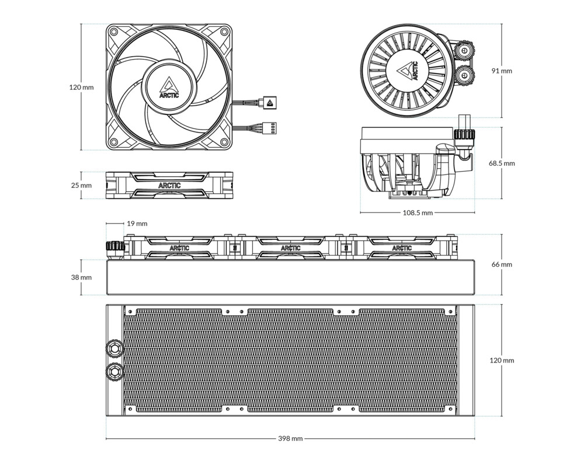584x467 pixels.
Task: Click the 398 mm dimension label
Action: pyautogui.click(x=290, y=438)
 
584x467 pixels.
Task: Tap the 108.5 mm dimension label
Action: pyautogui.click(x=418, y=213)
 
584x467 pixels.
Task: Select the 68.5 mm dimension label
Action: pyautogui.click(x=502, y=163)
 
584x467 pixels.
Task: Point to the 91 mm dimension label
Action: pyautogui.click(x=501, y=71)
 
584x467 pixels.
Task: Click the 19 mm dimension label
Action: pyautogui.click(x=137, y=224)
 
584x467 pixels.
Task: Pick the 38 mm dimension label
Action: pyautogui.click(x=81, y=277)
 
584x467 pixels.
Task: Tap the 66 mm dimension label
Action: pyautogui.click(x=501, y=264)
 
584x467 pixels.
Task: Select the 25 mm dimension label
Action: pyautogui.click(x=81, y=185)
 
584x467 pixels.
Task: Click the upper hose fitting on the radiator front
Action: pyautogui.click(x=114, y=348)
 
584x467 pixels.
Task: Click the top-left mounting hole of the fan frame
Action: pyautogui.click(x=114, y=32)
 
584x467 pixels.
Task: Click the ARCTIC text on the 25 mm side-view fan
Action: pyautogui.click(x=169, y=186)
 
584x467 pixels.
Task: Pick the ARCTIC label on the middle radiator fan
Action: pyautogui.click(x=290, y=248)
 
